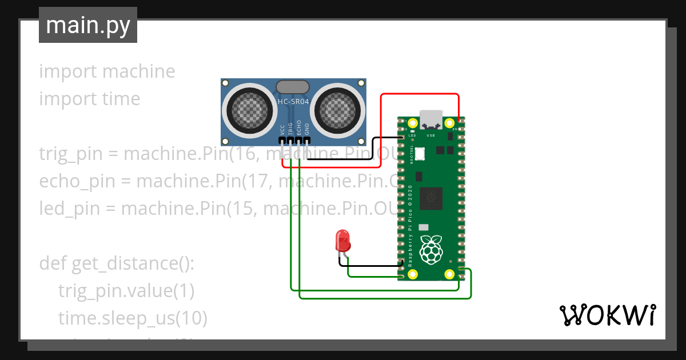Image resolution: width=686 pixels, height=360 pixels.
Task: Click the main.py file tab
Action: [x=87, y=25]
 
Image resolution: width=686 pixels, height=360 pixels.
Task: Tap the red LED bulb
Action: [x=343, y=240]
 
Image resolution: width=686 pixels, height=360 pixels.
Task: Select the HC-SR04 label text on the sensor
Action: [x=293, y=102]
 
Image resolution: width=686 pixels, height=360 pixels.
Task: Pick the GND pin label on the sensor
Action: [x=307, y=129]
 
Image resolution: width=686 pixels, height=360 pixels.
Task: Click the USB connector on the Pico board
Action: [x=430, y=118]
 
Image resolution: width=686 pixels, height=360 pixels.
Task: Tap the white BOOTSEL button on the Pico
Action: [x=420, y=154]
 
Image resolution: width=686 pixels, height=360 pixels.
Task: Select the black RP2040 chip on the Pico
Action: [x=431, y=198]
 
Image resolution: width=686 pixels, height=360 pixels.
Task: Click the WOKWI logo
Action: [x=607, y=315]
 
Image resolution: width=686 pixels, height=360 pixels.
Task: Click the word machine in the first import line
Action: [x=138, y=71]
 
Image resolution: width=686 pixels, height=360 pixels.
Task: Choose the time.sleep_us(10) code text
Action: [x=132, y=318]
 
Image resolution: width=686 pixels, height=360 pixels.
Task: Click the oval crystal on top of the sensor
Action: [x=293, y=87]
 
